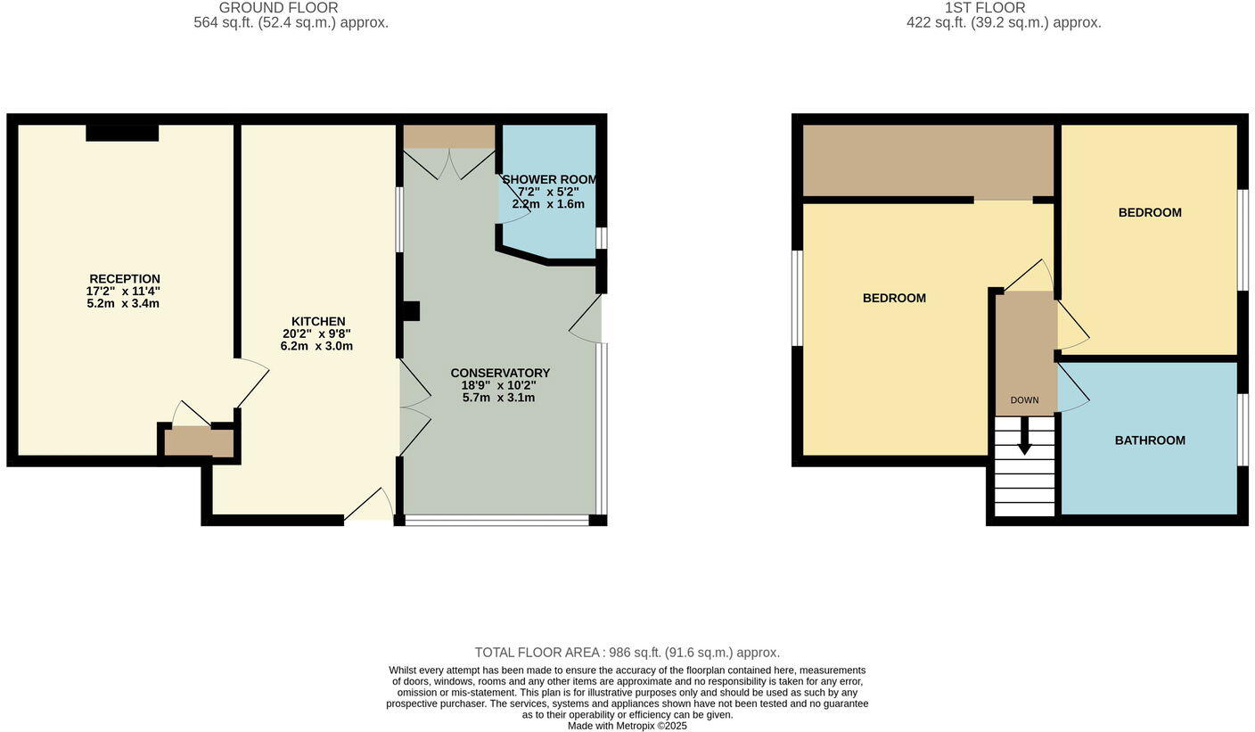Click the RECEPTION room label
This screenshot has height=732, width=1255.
pyautogui.click(x=125, y=279)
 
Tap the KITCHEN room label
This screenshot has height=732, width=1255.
pyautogui.click(x=318, y=322)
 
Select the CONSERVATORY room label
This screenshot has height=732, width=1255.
pyautogui.click(x=500, y=373)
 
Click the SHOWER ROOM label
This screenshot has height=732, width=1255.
pyautogui.click(x=549, y=179)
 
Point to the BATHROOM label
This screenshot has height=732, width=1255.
pyautogui.click(x=1150, y=440)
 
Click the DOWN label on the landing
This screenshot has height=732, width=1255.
pyautogui.click(x=1024, y=400)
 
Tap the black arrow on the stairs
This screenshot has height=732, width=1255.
pyautogui.click(x=1025, y=436)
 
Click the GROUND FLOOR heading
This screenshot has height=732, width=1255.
pyautogui.click(x=278, y=8)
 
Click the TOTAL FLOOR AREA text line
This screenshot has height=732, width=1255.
pyautogui.click(x=627, y=653)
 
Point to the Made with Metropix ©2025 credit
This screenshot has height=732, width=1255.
pyautogui.click(x=627, y=726)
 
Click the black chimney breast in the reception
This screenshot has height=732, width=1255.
pyautogui.click(x=122, y=133)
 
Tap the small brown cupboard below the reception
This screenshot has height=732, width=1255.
pyautogui.click(x=199, y=442)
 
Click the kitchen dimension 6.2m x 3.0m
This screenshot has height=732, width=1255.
pyautogui.click(x=316, y=346)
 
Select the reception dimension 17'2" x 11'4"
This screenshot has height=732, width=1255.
pyautogui.click(x=123, y=292)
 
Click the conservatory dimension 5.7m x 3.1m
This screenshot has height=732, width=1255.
pyautogui.click(x=498, y=398)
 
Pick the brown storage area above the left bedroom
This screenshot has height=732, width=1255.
pyautogui.click(x=928, y=160)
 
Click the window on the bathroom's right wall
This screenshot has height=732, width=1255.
pyautogui.click(x=1243, y=429)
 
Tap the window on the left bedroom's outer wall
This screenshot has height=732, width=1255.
pyautogui.click(x=797, y=298)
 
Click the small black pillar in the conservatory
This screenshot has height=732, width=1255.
pyautogui.click(x=411, y=311)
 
